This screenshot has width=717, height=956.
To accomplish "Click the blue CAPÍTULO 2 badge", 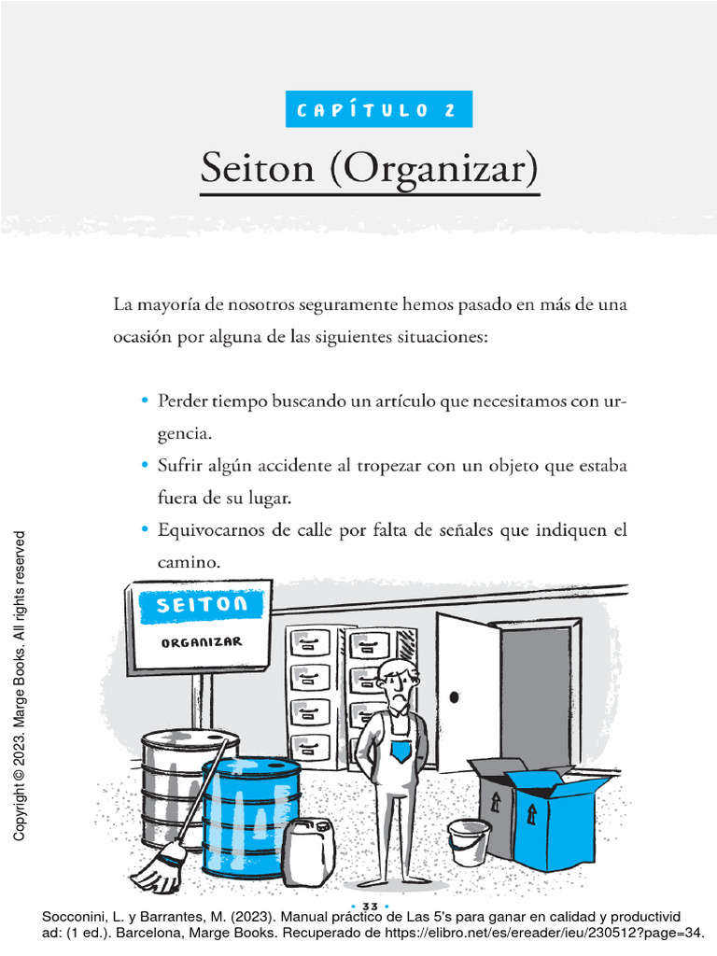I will tap(379, 109).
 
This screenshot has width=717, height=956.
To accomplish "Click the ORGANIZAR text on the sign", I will tap(202, 643).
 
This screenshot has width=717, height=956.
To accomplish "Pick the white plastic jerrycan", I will tap(308, 851).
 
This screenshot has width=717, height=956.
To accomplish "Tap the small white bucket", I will tap(468, 841).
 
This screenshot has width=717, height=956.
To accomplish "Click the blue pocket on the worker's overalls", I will tap(401, 752).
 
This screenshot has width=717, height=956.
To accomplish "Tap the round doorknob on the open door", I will tap(455, 696).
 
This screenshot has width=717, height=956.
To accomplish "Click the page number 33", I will tap(368, 907).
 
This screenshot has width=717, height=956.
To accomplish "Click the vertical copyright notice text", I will tap(20, 686).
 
